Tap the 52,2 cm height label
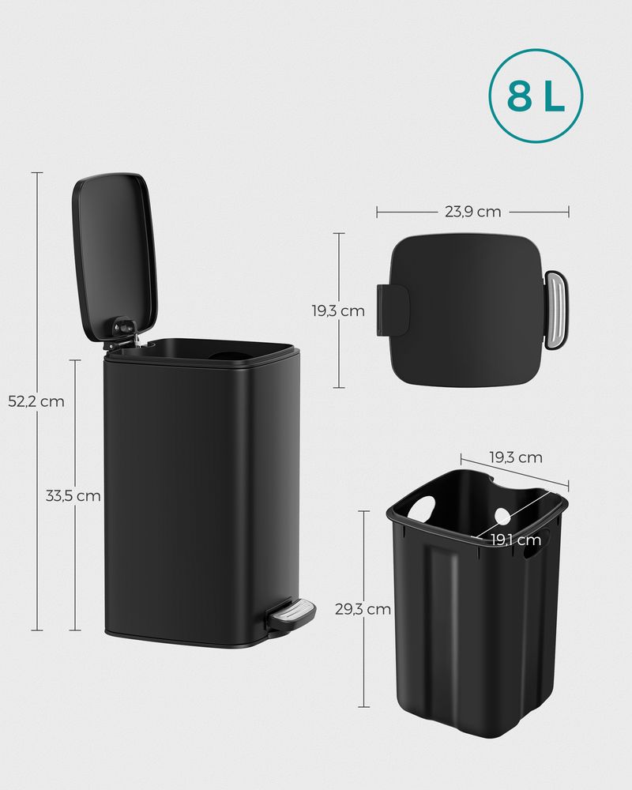coord(36,401)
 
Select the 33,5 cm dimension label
coord(73,496)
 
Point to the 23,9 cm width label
coord(472,211)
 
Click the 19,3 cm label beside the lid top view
coord(338,310)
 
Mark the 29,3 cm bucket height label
coord(363,609)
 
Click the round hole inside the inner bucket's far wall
coord(502,517)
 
